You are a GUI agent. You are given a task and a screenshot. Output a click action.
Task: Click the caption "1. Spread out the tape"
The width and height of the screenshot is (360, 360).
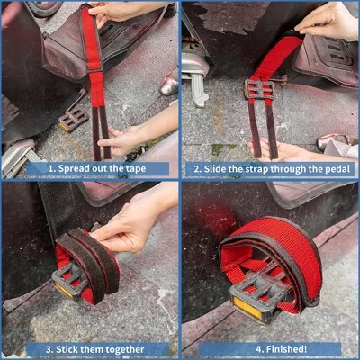pyautogui.click(x=97, y=168)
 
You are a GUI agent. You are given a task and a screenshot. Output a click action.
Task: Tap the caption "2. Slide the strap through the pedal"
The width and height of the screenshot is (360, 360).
pyautogui.click(x=272, y=169)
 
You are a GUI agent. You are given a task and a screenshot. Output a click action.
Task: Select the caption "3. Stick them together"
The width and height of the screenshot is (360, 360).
pyautogui.click(x=95, y=349)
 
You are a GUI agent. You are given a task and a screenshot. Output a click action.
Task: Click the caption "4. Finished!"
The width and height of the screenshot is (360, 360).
pyautogui.click(x=282, y=349)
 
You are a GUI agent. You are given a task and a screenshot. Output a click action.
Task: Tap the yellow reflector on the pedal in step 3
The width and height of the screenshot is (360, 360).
pyautogui.click(x=64, y=289)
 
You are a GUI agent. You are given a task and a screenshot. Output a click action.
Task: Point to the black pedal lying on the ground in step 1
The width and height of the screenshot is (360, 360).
pyautogui.click(x=74, y=119)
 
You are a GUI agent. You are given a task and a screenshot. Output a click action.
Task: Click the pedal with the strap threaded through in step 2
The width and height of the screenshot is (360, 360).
pyautogui.click(x=259, y=89)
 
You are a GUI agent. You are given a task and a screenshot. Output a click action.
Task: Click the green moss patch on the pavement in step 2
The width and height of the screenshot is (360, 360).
pyautogui.click(x=222, y=149)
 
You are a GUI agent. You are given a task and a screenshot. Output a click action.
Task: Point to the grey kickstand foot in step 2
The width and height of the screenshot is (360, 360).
pyautogui.click(x=201, y=90)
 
